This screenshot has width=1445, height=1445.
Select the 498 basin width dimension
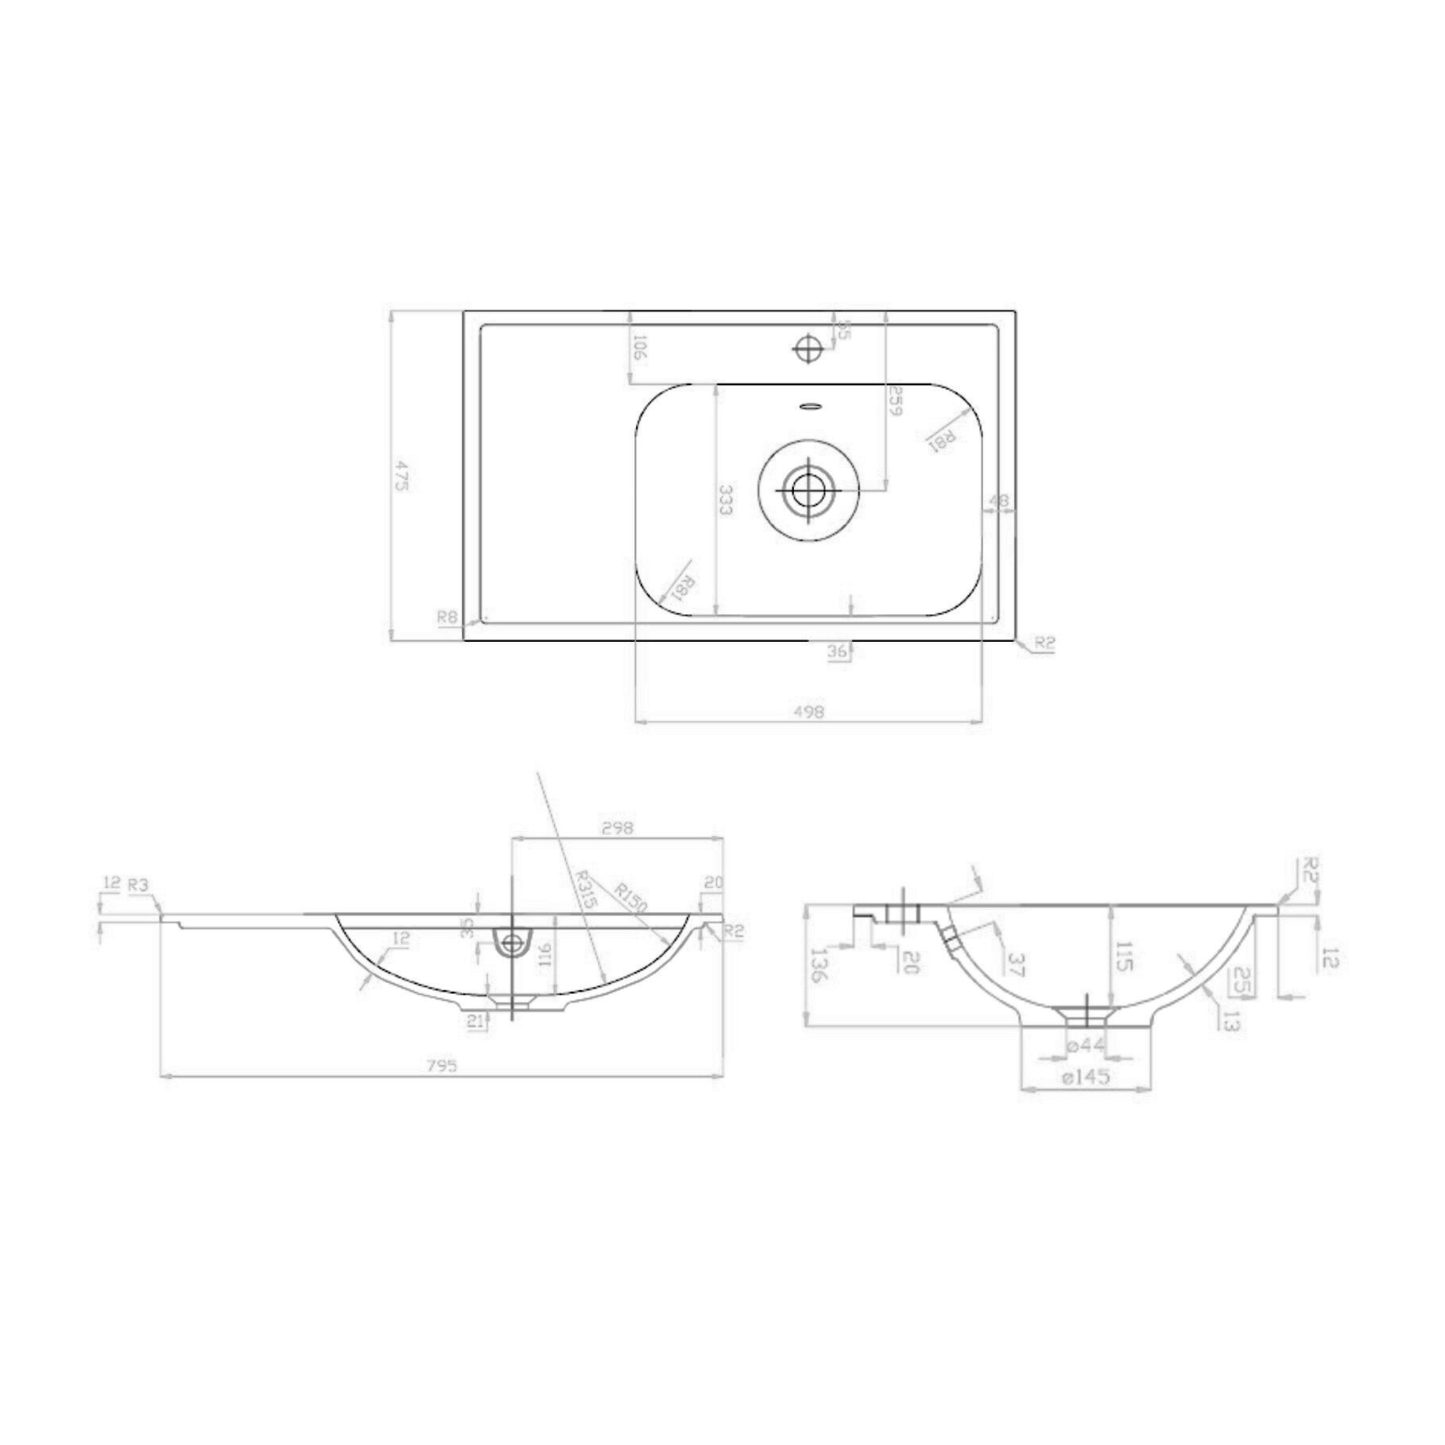click(x=808, y=712)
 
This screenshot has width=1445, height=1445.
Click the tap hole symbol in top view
click(x=808, y=347)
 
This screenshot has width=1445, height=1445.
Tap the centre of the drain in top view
click(x=809, y=490)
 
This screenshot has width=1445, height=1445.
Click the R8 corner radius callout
click(x=447, y=617)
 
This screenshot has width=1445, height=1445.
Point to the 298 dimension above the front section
click(x=617, y=828)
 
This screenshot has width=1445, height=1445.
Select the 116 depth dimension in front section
click(x=544, y=953)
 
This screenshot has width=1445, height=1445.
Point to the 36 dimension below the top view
click(x=838, y=651)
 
